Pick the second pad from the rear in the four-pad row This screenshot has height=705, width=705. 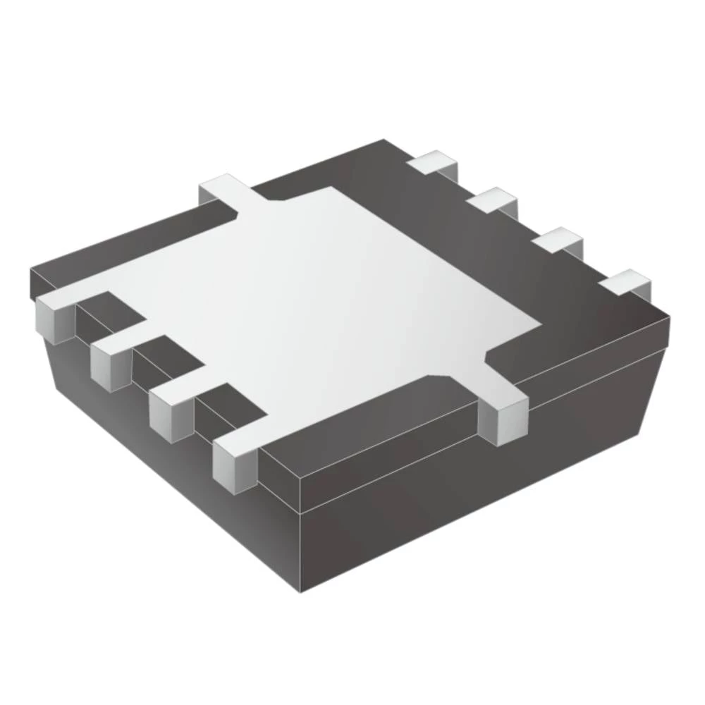pyautogui.click(x=493, y=202)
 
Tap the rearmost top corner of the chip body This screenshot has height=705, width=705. pyautogui.click(x=384, y=141)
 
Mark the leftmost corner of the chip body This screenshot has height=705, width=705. pyautogui.click(x=30, y=271)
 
